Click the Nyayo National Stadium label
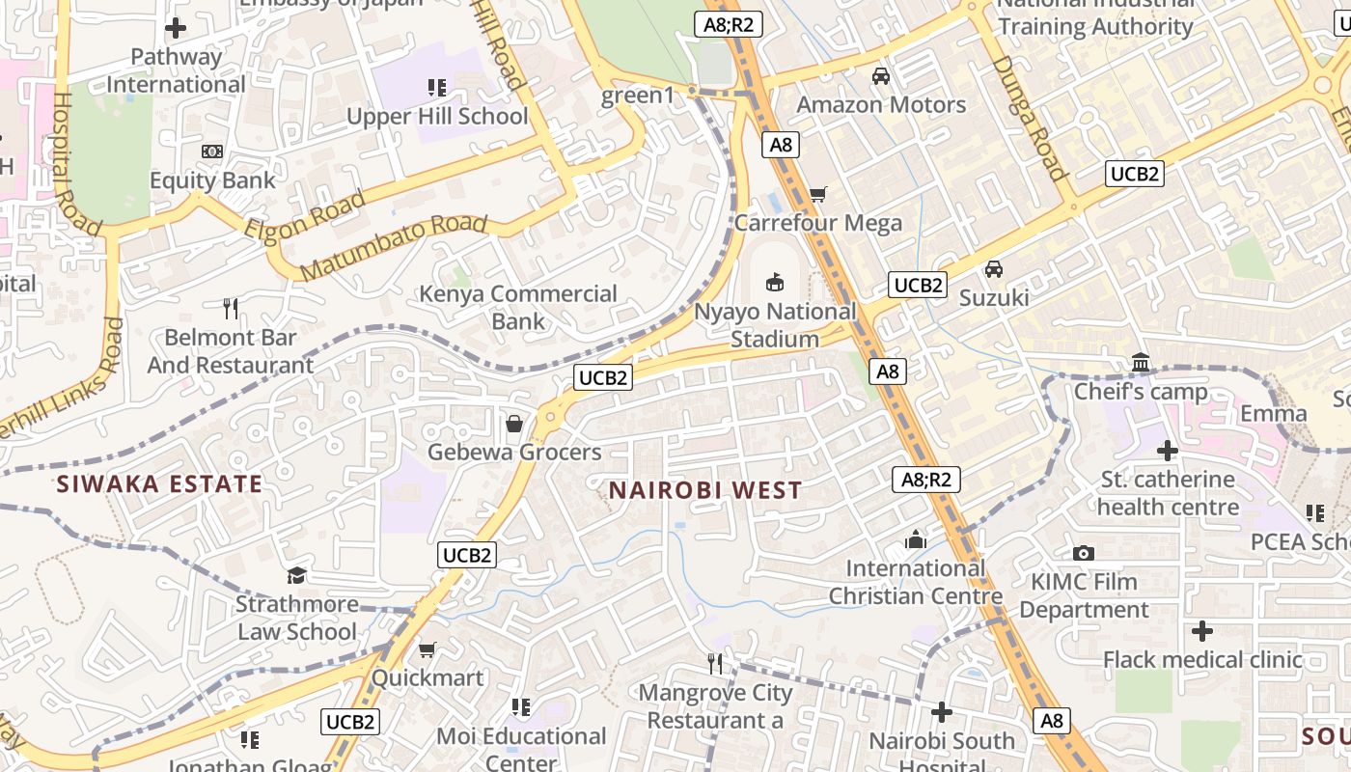click(x=775, y=325)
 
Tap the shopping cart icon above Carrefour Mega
click(x=817, y=194)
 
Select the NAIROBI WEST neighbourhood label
click(x=705, y=490)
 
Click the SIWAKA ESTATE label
click(x=159, y=484)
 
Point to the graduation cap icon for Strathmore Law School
click(x=296, y=575)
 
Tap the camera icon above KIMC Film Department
click(x=1084, y=553)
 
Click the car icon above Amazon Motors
click(x=880, y=75)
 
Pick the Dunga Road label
click(x=1029, y=118)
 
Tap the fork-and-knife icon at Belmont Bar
click(x=230, y=309)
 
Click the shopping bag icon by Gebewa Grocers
click(x=514, y=424)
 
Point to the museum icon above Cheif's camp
click(x=1141, y=363)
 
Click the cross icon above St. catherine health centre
click(x=1168, y=450)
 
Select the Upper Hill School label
click(x=437, y=117)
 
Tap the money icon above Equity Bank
click(x=212, y=152)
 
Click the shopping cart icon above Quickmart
click(x=427, y=649)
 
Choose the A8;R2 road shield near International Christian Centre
click(x=926, y=480)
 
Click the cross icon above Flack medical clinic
click(x=1201, y=631)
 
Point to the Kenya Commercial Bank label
click(x=518, y=307)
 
